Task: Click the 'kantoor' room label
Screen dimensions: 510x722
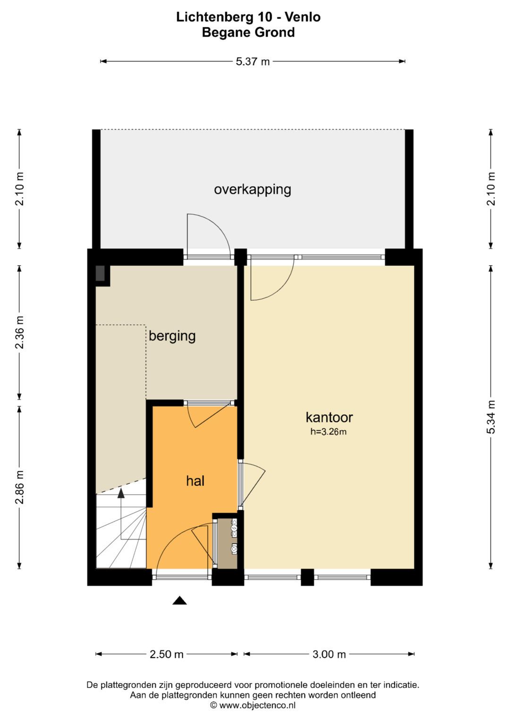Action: tap(329, 418)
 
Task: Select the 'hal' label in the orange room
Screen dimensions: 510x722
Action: tap(195, 481)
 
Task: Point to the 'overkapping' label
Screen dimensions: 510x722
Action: tap(253, 190)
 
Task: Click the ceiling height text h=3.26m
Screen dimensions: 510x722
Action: tap(328, 432)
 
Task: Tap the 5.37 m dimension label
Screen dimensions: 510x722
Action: tap(253, 61)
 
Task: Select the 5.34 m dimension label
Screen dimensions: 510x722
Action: tap(491, 417)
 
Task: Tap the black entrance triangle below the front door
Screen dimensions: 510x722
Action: tap(179, 600)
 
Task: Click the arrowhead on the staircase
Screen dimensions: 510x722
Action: tap(121, 493)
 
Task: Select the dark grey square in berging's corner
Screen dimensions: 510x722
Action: tap(100, 273)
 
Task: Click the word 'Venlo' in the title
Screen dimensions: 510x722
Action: tap(303, 17)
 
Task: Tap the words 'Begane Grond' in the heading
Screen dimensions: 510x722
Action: tap(248, 33)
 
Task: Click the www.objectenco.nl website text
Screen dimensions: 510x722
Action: tap(257, 705)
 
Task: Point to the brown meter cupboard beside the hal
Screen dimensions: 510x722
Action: tap(228, 543)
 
